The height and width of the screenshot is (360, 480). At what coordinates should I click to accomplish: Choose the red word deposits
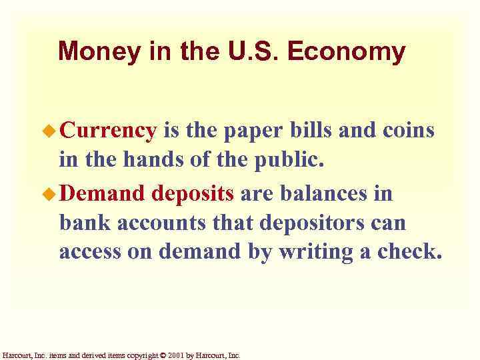(193, 194)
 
